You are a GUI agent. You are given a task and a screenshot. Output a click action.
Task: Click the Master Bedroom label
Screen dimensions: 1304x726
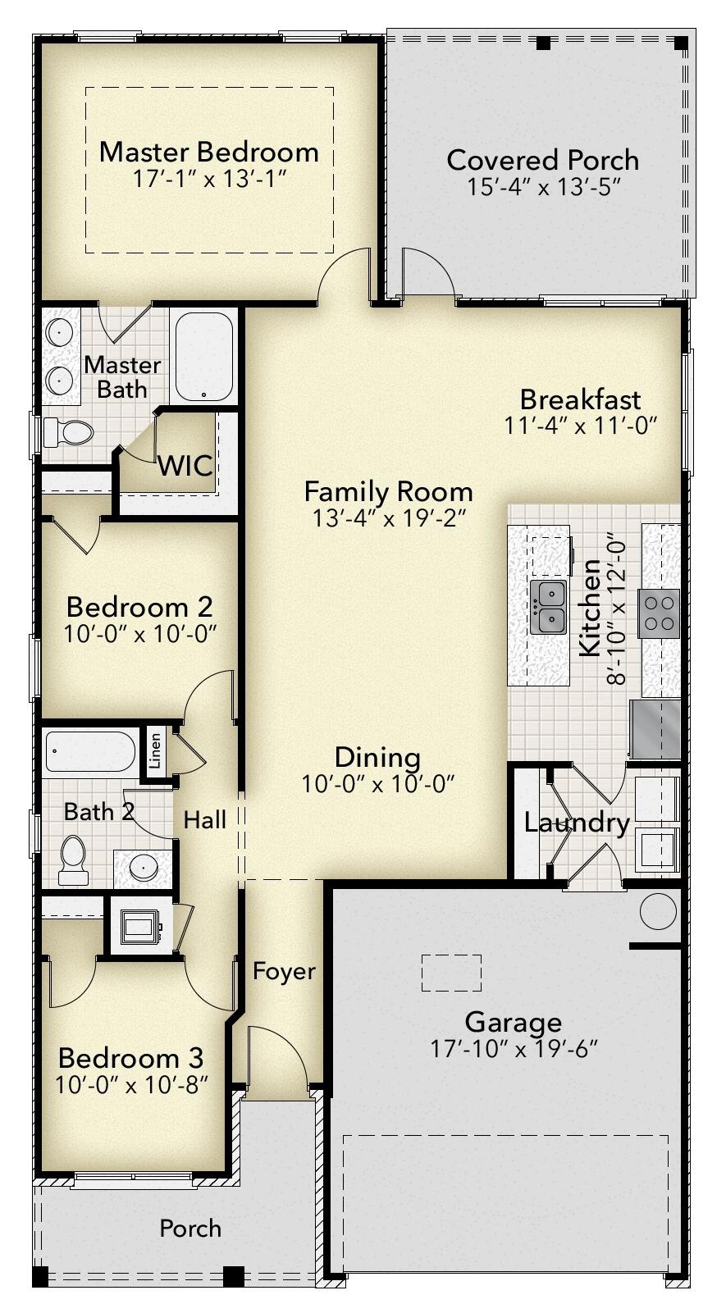point(208,152)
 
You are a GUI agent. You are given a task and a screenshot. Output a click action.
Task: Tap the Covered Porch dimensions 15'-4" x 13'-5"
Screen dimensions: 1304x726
point(542,187)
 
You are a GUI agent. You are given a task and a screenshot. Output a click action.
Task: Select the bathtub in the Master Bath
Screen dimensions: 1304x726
point(203,356)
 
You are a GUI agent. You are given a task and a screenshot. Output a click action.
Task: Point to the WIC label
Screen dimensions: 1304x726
point(185,466)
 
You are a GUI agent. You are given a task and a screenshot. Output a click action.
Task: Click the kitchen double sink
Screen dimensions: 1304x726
point(548,607)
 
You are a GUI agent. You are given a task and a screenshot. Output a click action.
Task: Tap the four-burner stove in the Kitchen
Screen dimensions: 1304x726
point(660,612)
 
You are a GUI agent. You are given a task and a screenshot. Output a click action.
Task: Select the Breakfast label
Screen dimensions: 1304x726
point(580,399)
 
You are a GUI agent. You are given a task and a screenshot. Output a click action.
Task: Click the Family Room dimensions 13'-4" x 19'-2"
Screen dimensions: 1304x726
point(389,518)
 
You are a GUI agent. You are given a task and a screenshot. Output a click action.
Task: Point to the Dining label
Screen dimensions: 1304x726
point(377,757)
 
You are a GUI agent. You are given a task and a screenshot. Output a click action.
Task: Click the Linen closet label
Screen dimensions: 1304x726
point(155,750)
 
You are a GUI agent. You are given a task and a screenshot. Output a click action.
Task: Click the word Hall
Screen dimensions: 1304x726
point(204,819)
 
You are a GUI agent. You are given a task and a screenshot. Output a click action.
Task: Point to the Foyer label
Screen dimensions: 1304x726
point(284,971)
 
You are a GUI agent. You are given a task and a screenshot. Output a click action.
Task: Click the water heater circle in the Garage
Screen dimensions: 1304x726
point(658,911)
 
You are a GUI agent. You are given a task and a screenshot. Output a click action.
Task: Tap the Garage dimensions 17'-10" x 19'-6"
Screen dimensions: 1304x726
point(514,1048)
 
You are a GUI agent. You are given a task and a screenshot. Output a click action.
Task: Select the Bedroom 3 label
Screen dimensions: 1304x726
point(131,1057)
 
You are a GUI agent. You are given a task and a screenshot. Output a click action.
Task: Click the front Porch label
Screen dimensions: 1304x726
point(190,1229)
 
